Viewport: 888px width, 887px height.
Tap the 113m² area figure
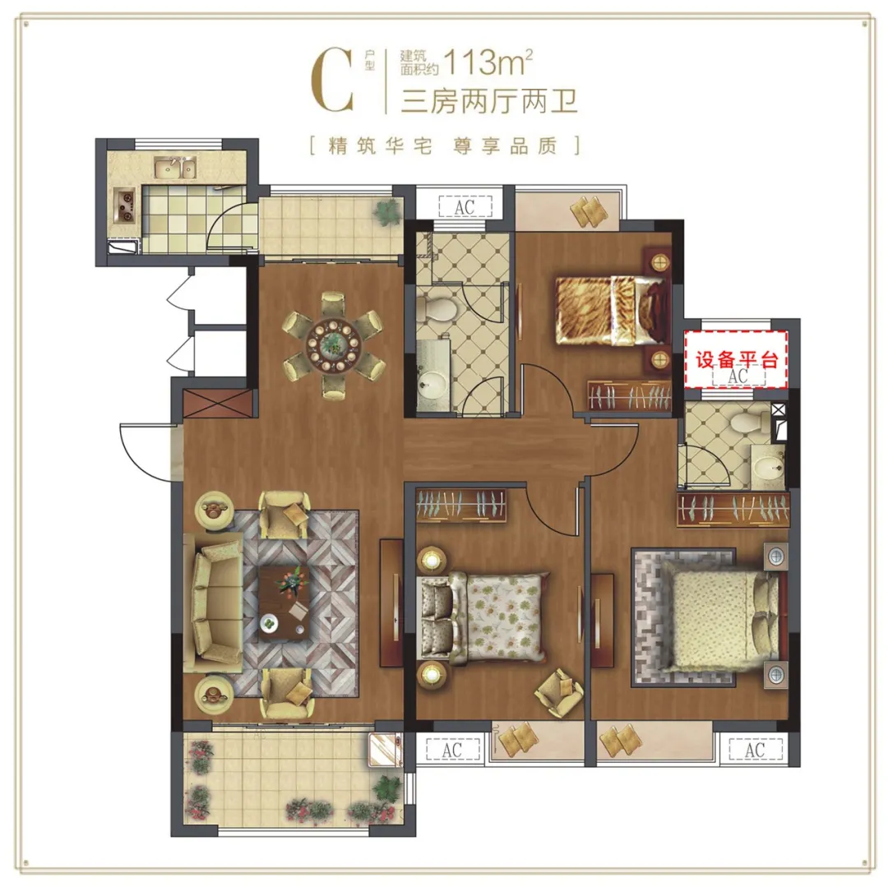pos(488,62)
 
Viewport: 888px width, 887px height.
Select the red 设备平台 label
pos(736,360)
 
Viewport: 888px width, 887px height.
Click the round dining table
pos(334,344)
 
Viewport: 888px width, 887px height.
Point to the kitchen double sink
pos(175,167)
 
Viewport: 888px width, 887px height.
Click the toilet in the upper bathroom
pos(437,310)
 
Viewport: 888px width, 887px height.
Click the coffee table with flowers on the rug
pos(284,603)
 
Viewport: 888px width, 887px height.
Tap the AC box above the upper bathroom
pos(465,206)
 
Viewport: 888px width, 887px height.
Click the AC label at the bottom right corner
pos(755,750)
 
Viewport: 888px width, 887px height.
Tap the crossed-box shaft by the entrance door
pos(218,403)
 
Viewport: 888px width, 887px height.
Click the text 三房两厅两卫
pos(489,101)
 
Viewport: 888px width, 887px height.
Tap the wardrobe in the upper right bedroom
pos(629,394)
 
